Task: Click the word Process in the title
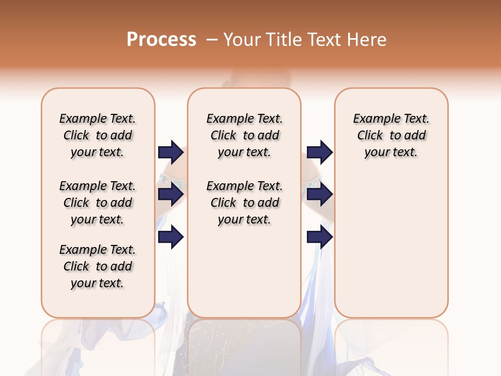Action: [161, 40]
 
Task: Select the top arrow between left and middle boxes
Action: [171, 152]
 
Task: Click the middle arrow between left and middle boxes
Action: [171, 194]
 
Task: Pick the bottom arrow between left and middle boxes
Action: [171, 237]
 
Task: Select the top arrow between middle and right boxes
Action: [319, 152]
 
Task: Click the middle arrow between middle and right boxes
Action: [319, 194]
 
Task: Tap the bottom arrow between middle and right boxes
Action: [319, 237]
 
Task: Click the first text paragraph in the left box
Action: [98, 135]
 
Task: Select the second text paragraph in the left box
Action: [98, 203]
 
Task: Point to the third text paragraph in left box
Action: [98, 266]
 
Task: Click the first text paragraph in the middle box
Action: [244, 135]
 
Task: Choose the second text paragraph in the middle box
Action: [244, 203]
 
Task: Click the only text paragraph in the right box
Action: [391, 135]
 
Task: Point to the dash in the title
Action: [212, 40]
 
